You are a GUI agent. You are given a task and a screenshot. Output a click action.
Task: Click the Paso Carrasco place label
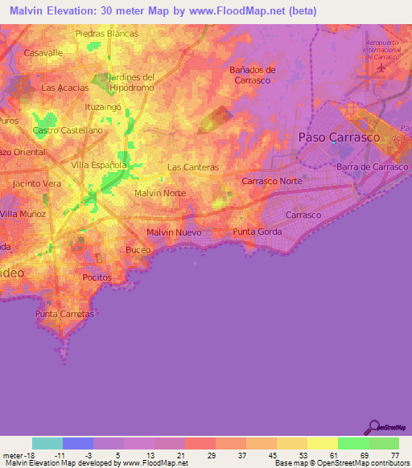click(339, 138)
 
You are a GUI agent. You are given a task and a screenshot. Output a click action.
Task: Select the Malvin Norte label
click(160, 193)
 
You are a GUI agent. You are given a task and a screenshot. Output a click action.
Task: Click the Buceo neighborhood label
click(138, 250)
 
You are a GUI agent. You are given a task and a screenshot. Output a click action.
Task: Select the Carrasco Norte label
click(272, 181)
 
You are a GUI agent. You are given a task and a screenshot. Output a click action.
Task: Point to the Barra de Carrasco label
click(373, 166)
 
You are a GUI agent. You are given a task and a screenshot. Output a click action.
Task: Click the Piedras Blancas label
click(106, 34)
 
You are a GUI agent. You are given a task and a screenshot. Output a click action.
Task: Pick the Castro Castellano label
click(68, 129)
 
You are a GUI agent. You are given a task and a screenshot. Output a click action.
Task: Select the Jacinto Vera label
click(37, 183)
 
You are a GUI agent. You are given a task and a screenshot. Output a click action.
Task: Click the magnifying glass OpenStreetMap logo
click(375, 427)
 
